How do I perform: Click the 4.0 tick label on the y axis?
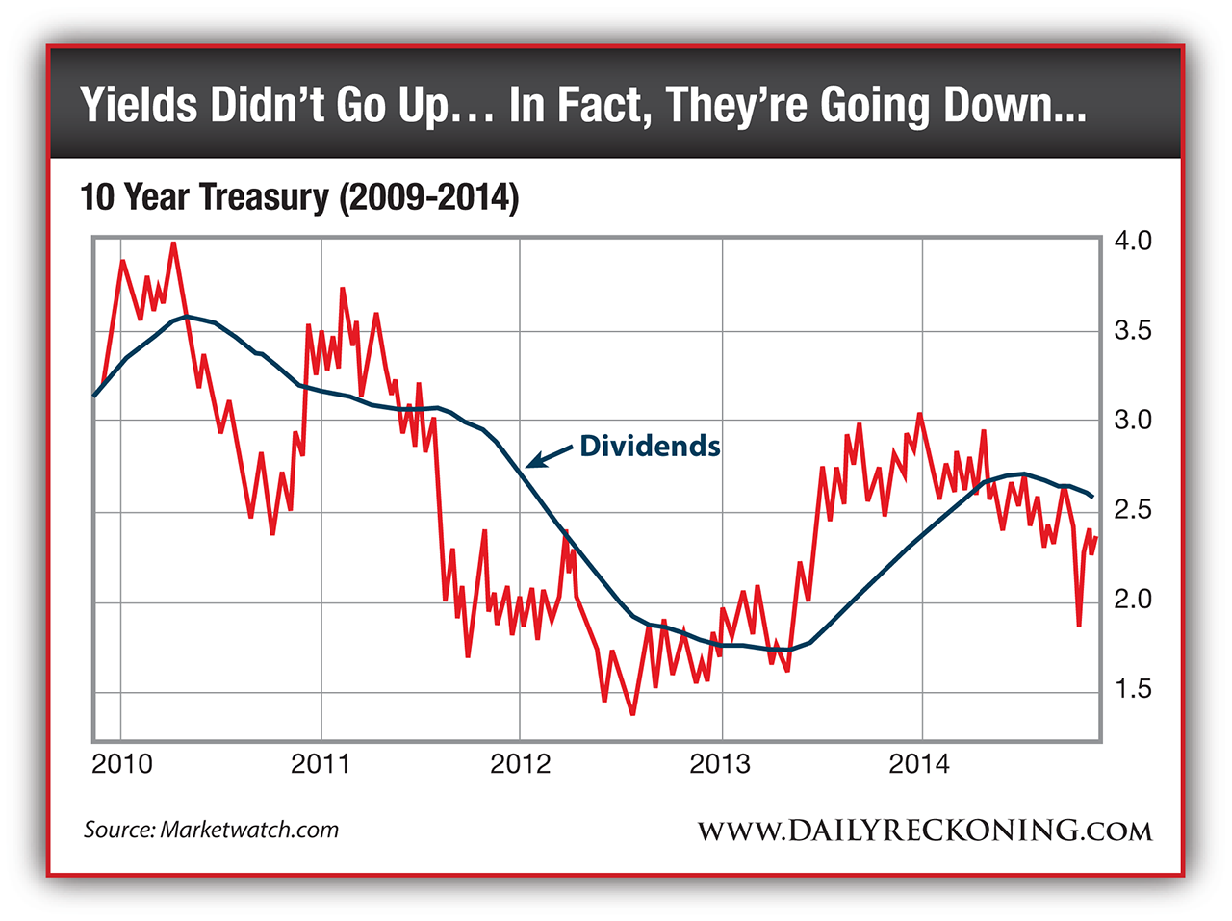[1132, 241]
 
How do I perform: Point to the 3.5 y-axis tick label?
[1132, 331]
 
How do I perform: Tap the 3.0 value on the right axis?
[1132, 421]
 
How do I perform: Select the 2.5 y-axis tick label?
[1132, 510]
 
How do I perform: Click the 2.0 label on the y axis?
[1132, 600]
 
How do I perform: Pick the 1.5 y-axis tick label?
[1132, 689]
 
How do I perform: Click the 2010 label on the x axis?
[122, 764]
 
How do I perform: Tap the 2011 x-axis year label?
[321, 764]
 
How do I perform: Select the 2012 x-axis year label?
[521, 764]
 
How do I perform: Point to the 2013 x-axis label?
[720, 764]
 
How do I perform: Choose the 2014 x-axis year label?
[919, 764]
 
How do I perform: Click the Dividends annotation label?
[650, 447]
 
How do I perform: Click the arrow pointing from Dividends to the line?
[549, 456]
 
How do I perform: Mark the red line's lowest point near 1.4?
[632, 713]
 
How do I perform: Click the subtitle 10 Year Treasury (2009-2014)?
[299, 197]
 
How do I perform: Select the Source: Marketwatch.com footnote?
[211, 830]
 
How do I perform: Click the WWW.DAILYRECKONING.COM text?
[924, 831]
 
